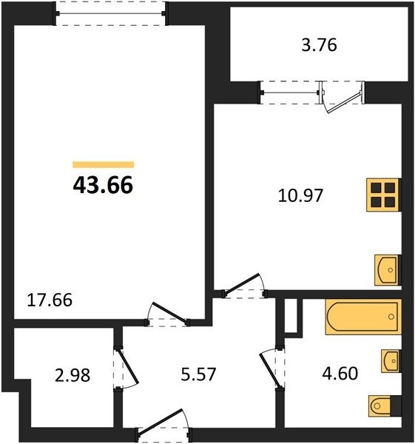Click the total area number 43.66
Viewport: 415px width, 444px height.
(x=103, y=185)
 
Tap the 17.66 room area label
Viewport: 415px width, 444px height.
(x=50, y=300)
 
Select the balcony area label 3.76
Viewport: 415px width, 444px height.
(x=319, y=45)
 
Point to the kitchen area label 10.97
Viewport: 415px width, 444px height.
(x=300, y=195)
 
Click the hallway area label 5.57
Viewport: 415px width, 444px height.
(x=198, y=374)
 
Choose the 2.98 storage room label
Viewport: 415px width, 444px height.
(x=72, y=375)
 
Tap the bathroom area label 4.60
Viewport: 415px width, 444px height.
(x=340, y=373)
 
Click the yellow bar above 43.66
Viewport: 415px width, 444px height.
(x=104, y=164)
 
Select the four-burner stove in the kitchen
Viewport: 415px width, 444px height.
(x=384, y=195)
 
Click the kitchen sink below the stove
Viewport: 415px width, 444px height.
(x=388, y=270)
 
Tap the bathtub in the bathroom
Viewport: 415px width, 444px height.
(x=363, y=317)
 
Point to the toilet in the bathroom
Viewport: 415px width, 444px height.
(x=385, y=406)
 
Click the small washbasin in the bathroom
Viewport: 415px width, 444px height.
(x=391, y=361)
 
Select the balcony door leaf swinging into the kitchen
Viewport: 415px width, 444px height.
(x=344, y=103)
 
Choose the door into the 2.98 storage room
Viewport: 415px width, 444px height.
(x=127, y=367)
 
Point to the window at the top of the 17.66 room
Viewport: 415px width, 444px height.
(x=110, y=13)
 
